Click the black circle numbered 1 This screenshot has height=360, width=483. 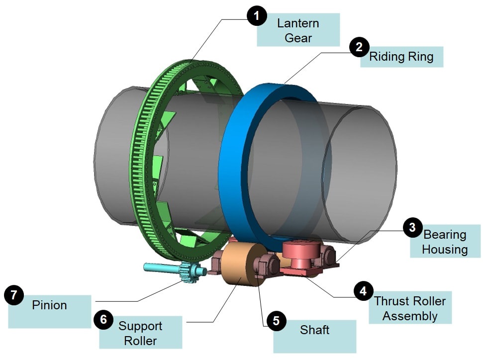point(257,15)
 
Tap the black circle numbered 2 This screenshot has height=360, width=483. point(359,47)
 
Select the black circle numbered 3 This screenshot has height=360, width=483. point(413,228)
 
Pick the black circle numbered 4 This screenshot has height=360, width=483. point(364,291)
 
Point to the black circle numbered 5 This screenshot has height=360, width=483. point(276,321)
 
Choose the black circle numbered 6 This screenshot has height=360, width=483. point(104,319)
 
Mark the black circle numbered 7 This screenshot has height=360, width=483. point(14,295)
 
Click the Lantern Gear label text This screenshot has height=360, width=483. point(298,30)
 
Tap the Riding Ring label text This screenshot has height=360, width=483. point(401,57)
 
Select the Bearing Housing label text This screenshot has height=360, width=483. point(445,242)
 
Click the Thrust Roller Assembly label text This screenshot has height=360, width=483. point(410,308)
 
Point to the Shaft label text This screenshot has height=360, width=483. point(314,330)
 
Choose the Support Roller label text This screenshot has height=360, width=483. point(140,333)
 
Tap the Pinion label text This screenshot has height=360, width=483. point(49,305)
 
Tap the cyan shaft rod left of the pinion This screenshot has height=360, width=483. point(161,268)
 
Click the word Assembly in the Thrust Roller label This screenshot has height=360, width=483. point(410,316)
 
